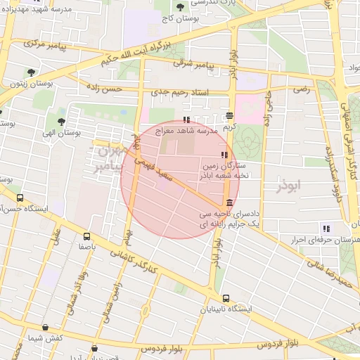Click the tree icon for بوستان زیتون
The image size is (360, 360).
tap(30, 72)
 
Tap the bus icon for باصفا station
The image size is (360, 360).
tap(86, 237)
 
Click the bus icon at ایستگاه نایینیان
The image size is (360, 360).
tap(225, 298)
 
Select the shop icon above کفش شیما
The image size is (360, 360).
tap(45, 327)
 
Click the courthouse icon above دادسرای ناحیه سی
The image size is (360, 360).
tap(231, 202)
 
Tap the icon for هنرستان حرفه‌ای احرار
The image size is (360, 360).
tap(326, 228)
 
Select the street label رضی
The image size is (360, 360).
tap(301, 90)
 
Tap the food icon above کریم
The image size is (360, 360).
tap(230, 116)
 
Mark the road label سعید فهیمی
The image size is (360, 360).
tap(160, 169)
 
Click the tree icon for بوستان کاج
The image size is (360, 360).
tap(180, 7)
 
